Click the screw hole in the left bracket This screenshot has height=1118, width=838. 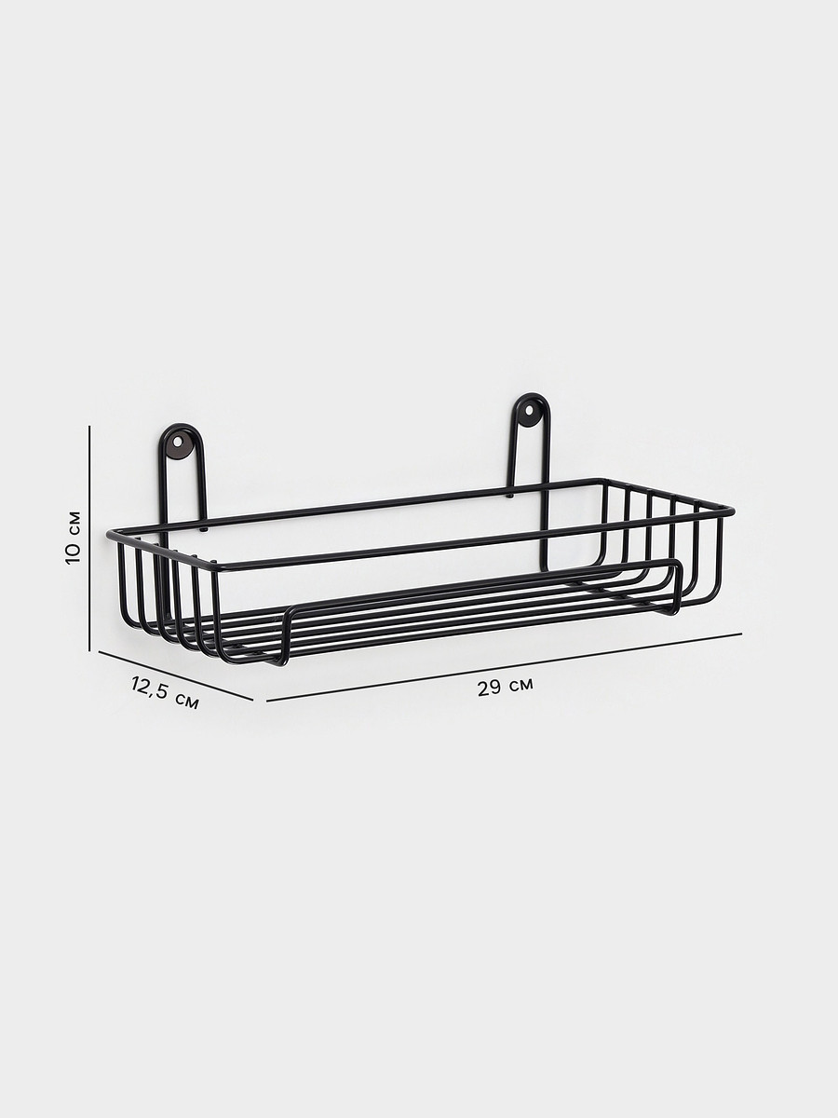pyautogui.click(x=181, y=438)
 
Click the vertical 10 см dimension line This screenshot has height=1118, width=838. pyautogui.click(x=90, y=539)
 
